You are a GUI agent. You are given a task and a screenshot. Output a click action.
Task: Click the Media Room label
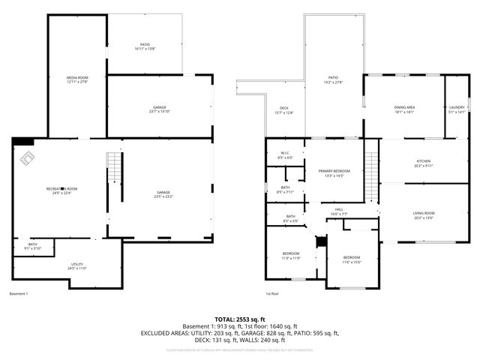coord(77,80)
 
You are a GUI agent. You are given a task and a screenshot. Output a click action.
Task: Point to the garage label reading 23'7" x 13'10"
coord(160,109)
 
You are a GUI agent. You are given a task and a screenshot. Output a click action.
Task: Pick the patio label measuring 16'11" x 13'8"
coord(145,46)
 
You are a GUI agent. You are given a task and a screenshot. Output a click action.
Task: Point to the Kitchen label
coord(424,163)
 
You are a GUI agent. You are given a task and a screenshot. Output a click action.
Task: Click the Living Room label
coord(424,215)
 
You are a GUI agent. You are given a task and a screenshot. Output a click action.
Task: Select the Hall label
coord(338,211)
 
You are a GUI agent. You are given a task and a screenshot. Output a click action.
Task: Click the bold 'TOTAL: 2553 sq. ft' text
coord(239,319)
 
